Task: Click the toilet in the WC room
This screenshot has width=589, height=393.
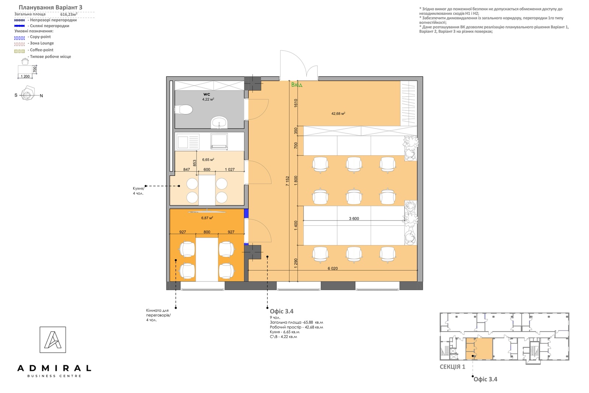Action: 184,110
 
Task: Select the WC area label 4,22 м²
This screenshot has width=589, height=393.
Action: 208,99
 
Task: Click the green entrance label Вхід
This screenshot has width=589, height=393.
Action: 297,85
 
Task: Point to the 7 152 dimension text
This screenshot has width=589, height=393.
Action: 288,181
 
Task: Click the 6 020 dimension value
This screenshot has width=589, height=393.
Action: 333,268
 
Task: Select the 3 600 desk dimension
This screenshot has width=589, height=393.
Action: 354,218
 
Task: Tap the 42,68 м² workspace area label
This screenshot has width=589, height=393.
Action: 338,114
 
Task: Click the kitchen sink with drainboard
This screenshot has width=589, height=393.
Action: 188,142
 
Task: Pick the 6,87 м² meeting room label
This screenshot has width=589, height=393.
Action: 207,218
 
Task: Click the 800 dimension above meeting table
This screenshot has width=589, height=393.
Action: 207,232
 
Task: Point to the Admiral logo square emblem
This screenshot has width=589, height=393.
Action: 53,340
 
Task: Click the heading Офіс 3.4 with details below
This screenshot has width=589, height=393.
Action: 282,311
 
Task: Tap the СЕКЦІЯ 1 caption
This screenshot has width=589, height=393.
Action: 452,367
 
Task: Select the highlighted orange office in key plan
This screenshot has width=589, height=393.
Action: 479,349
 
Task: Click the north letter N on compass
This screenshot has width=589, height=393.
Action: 41,96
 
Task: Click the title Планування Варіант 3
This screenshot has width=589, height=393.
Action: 50,7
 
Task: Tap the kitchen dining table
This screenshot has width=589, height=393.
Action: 207,190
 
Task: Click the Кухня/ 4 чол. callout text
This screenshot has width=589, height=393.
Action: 138,191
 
